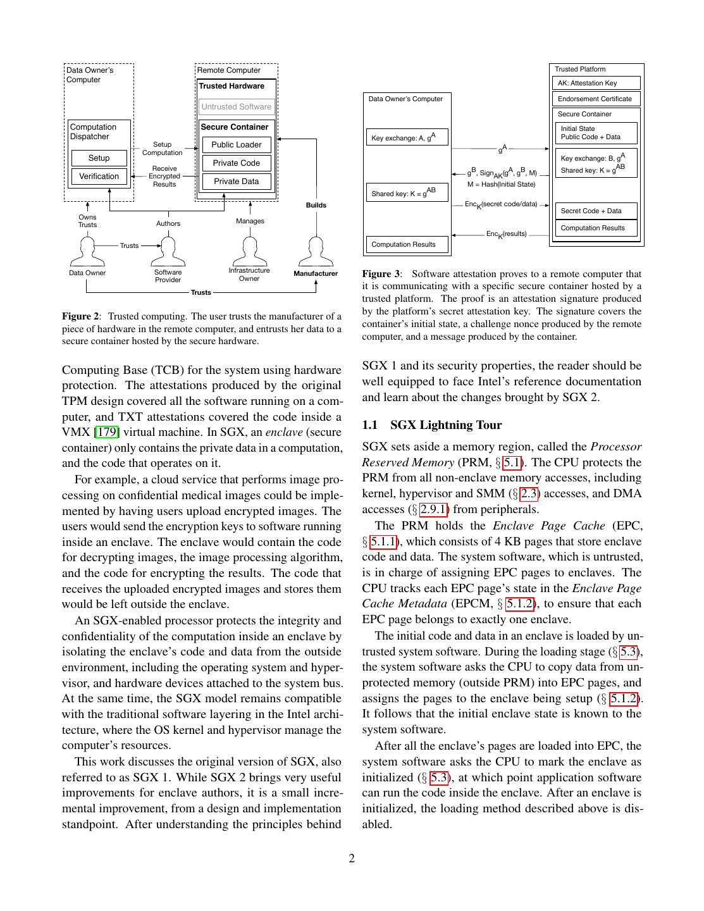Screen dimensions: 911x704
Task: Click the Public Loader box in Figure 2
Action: click(x=237, y=145)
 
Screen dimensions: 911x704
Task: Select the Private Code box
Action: click(x=237, y=163)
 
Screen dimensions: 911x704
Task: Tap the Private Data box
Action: click(x=237, y=182)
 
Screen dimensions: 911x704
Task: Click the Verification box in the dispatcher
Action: click(x=99, y=177)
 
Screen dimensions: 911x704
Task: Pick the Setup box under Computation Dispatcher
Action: click(x=99, y=158)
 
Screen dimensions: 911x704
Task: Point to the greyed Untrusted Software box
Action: click(x=237, y=107)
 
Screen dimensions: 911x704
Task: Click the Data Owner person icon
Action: click(x=87, y=251)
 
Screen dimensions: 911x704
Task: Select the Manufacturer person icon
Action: click(x=315, y=251)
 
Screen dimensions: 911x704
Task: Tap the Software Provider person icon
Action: click(x=168, y=251)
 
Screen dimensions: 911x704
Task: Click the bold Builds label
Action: click(x=316, y=205)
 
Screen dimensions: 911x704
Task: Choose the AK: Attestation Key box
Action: click(x=596, y=83)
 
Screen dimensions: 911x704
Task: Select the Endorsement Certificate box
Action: click(x=596, y=99)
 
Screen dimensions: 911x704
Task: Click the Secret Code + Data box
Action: click(x=596, y=211)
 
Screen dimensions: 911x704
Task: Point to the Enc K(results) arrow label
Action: click(x=506, y=234)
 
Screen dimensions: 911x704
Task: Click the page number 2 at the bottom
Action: click(x=352, y=858)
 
